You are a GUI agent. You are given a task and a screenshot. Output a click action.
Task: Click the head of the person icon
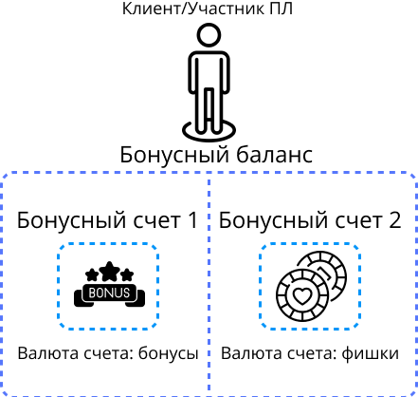209,35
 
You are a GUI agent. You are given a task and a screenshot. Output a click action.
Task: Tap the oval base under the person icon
209,136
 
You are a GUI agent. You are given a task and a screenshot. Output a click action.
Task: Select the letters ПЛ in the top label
281,9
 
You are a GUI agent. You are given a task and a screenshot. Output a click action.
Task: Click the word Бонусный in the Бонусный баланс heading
174,155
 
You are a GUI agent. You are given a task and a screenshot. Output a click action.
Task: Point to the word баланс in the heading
274,154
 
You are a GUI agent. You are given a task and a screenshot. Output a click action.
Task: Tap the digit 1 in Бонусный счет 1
191,219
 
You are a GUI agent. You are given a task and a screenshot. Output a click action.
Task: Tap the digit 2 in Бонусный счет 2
394,219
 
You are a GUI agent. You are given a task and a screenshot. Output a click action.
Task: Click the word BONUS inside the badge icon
109,293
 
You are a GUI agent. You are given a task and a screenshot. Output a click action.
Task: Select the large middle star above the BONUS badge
109,271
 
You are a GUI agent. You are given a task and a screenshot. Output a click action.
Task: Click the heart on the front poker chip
302,295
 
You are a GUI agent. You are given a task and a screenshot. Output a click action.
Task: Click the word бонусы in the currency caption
169,353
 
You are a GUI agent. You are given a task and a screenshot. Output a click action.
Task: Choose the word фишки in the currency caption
370,353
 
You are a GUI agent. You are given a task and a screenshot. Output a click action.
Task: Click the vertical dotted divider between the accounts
209,284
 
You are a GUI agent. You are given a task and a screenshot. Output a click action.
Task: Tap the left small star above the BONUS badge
92,274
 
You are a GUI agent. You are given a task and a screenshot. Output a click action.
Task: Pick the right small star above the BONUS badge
127,274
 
